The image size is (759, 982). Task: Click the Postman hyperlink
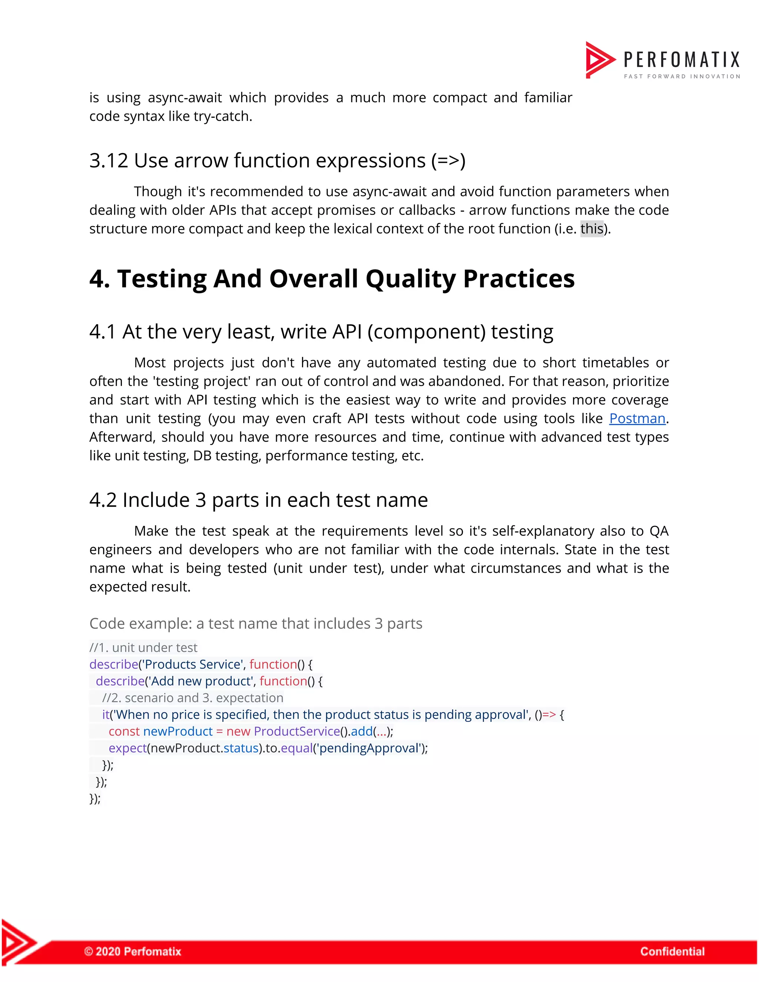tap(637, 419)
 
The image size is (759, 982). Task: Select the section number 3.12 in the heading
tap(108, 161)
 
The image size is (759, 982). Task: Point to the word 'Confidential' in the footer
tap(672, 951)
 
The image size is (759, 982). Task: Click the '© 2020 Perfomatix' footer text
tap(133, 951)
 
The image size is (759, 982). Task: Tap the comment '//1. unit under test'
tap(143, 647)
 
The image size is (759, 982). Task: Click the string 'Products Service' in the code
tap(193, 664)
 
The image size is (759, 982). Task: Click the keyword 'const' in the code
tap(124, 731)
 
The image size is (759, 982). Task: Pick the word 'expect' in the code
tap(128, 748)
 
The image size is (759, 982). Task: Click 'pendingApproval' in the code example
tap(369, 748)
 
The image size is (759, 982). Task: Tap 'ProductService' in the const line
tap(297, 731)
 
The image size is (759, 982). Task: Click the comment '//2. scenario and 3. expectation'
tap(192, 698)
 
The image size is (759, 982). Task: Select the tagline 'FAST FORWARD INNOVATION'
tap(682, 76)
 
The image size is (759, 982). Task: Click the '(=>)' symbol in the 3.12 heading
tap(448, 161)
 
